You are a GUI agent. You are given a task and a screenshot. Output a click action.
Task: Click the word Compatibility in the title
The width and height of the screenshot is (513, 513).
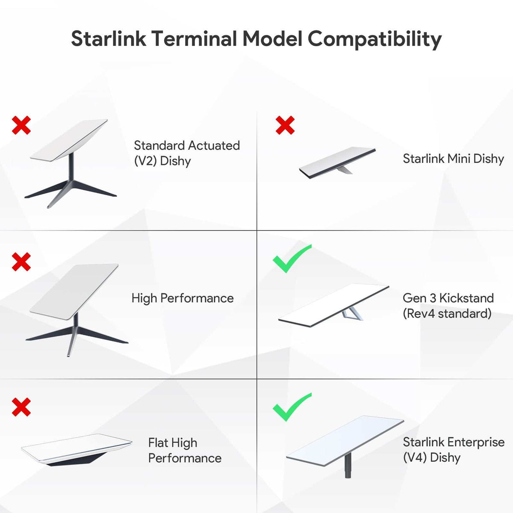374,39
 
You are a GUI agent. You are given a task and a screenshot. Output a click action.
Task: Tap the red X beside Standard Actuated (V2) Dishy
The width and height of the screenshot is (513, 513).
21,125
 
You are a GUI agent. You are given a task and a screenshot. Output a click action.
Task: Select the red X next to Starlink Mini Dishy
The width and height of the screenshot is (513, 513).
285,125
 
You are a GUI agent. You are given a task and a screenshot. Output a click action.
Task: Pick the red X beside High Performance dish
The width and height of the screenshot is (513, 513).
21,262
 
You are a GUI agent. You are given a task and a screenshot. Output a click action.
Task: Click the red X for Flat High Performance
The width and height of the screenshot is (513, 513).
21,407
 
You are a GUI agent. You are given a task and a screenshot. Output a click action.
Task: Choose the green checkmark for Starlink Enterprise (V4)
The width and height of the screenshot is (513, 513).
292,407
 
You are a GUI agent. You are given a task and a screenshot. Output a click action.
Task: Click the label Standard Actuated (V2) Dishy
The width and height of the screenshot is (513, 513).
186,153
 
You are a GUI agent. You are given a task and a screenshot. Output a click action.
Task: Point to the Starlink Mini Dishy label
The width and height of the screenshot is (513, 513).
453,159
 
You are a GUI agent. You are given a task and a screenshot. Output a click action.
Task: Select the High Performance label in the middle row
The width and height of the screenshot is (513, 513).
183,298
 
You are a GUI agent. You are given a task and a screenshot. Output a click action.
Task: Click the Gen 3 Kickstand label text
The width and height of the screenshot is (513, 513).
448,306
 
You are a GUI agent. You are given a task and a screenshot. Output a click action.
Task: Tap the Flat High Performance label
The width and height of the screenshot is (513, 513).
185,450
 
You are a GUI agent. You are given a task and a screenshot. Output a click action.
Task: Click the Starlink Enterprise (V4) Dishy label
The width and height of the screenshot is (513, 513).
453,449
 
